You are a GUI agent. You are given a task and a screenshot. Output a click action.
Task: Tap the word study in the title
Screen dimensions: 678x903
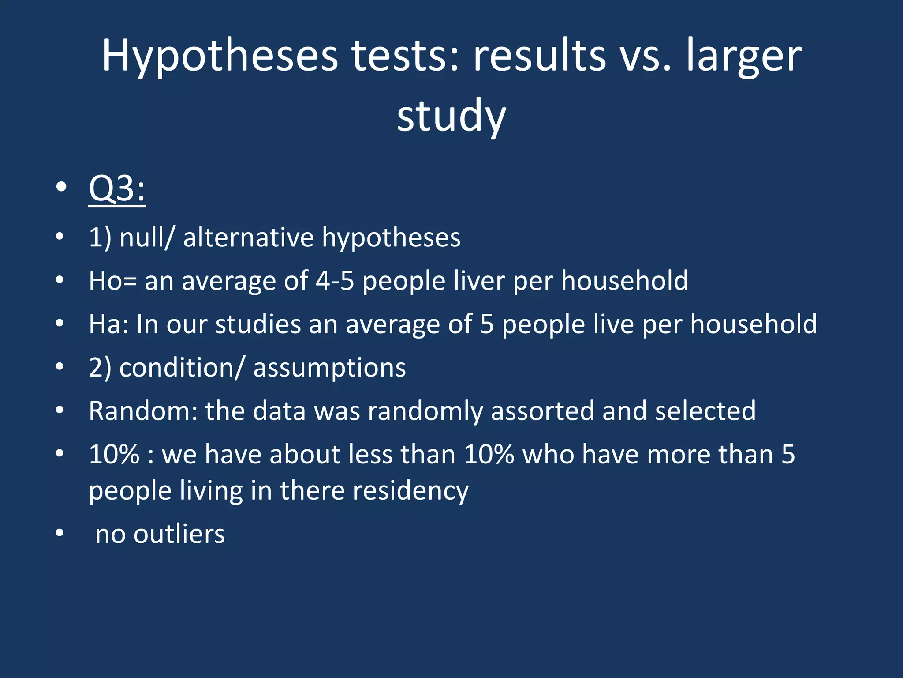451,116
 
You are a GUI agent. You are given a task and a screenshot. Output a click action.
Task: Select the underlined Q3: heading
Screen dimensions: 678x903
117,188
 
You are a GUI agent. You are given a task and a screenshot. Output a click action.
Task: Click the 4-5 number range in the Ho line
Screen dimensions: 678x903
335,280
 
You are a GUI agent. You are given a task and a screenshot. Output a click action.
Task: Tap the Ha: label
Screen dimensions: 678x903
108,324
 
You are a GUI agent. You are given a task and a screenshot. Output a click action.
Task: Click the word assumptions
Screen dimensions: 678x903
329,367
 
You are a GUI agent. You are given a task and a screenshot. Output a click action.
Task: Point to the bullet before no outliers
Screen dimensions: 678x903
60,533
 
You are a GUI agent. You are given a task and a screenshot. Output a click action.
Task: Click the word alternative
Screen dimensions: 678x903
248,237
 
